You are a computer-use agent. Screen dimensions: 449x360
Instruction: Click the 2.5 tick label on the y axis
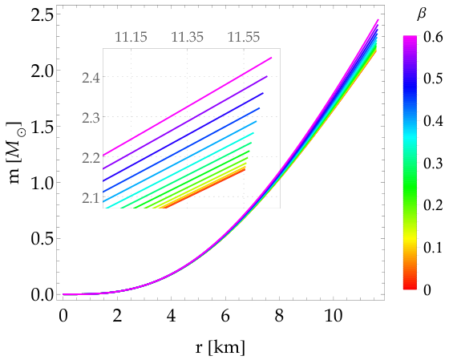click(42, 14)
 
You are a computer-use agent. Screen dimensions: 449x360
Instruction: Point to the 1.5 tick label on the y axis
click(42, 127)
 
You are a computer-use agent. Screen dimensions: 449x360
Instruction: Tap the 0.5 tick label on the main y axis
click(42, 239)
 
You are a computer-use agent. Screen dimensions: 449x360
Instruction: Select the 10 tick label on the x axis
click(333, 315)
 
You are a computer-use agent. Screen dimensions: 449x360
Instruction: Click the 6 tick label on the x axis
click(225, 315)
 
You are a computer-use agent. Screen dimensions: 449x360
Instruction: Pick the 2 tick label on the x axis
click(117, 315)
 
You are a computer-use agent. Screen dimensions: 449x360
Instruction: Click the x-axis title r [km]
click(220, 347)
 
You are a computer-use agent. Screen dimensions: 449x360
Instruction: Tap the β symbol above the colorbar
click(421, 14)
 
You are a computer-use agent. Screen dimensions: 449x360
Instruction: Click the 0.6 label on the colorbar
click(433, 38)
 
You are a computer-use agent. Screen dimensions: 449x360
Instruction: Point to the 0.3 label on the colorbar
click(433, 164)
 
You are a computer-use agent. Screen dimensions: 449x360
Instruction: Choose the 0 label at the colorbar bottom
click(427, 289)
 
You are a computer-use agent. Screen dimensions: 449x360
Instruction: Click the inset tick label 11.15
click(131, 37)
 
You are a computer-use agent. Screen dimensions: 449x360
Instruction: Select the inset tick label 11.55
click(244, 37)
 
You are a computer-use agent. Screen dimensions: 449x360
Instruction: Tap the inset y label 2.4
click(91, 78)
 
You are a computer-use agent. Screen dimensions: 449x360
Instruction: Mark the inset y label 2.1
click(91, 198)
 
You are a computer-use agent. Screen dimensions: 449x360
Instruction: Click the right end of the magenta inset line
click(271, 58)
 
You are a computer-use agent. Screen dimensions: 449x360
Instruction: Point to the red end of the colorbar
click(410, 288)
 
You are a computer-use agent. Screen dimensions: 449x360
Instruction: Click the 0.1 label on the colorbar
click(433, 248)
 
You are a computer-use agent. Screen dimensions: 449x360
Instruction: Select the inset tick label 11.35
click(188, 37)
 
